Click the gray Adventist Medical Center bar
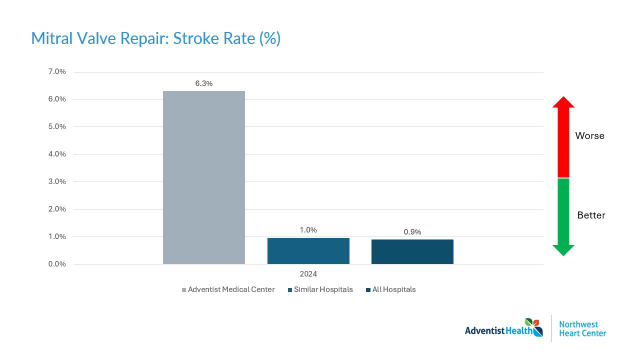click(x=204, y=177)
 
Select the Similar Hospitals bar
click(x=308, y=250)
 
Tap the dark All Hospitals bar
click(x=412, y=251)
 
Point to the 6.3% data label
click(x=204, y=83)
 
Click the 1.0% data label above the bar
click(x=308, y=230)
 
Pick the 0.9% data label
click(x=412, y=231)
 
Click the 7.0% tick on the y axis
click(x=57, y=71)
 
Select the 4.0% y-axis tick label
click(x=57, y=154)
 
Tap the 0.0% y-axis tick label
click(x=57, y=264)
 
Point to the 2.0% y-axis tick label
click(x=57, y=209)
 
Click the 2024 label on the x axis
click(x=308, y=274)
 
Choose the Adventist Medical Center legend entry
click(x=228, y=289)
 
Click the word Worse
click(x=589, y=136)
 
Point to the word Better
click(x=591, y=215)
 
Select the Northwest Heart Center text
click(x=582, y=328)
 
